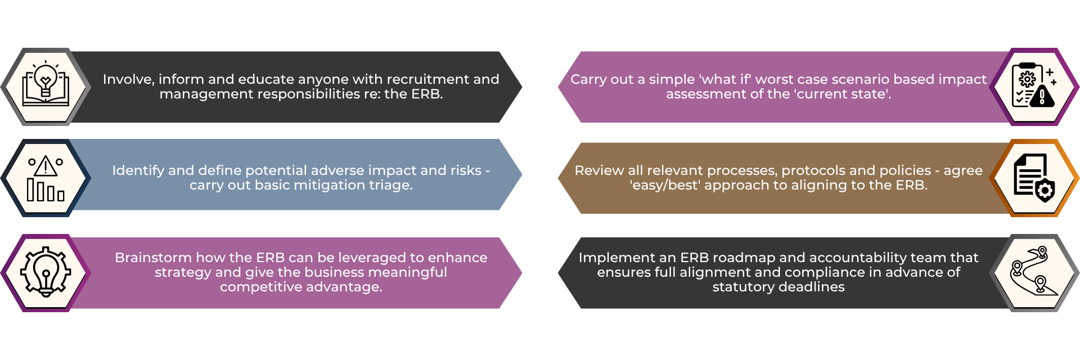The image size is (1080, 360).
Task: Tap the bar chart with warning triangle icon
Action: (x=46, y=178)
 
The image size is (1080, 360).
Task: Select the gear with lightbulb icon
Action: (x=46, y=272)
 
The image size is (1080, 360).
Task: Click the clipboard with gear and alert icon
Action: (x=1034, y=85)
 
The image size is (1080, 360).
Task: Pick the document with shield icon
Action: (x=1034, y=178)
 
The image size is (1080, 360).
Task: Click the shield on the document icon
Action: (x=1045, y=191)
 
